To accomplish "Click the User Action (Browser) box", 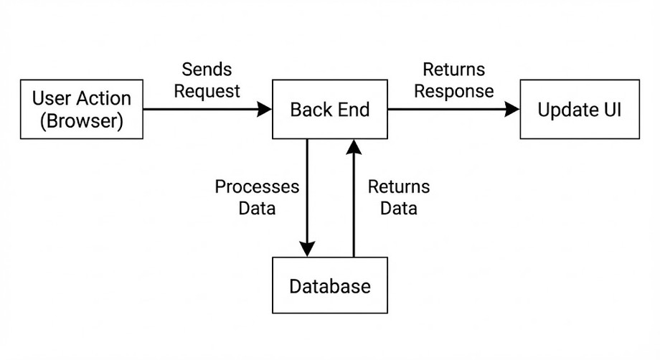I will point(82,110).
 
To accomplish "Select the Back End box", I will point(330,110).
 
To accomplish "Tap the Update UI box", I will point(580,110).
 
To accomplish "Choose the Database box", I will point(330,286).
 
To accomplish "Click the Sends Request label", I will point(207,80).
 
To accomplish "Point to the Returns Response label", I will point(453,80).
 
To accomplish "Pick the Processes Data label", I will point(257,198).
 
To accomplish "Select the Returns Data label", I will point(399,198).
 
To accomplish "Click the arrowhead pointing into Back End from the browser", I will point(265,110).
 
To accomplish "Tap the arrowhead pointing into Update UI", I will point(511,110).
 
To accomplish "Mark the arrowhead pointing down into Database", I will point(307,248).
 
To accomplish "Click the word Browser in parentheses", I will point(82,121).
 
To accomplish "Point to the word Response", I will point(453,92).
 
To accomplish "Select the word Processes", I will point(257,187).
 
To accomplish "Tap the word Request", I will point(207,92).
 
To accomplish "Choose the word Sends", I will point(207,70).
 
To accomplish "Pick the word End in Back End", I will point(352,110).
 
